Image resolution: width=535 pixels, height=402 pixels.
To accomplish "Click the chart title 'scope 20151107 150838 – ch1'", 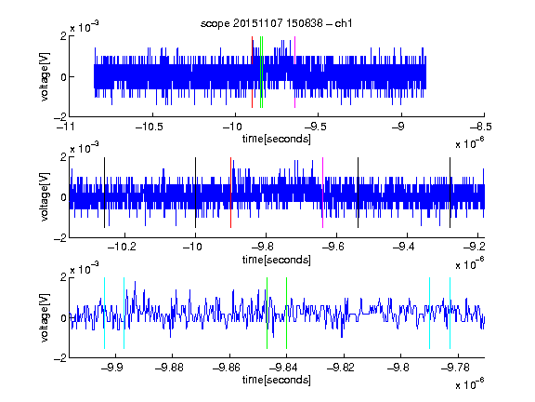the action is pos(277,23).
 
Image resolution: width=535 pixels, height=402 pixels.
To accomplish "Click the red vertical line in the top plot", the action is pos(252,73).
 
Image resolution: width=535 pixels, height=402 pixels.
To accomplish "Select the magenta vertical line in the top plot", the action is pos(294,73).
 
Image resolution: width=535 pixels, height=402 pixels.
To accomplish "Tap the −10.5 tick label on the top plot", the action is pos(150,127).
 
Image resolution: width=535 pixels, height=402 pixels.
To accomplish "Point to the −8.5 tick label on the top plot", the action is pos(481,127).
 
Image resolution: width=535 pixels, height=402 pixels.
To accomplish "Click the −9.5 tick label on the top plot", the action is pos(315,127).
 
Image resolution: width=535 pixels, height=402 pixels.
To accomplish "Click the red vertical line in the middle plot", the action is pos(230,193).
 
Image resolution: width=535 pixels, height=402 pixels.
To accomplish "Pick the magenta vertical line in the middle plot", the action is pos(323,193).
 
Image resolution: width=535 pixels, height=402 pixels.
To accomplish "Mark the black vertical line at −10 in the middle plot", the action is pos(195,193).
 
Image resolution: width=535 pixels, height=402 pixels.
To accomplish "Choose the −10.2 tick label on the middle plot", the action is pos(122,247).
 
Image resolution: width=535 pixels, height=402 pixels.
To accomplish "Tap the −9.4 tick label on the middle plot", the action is pos(404,247).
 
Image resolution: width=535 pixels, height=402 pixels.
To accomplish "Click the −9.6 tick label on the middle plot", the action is pos(333,247).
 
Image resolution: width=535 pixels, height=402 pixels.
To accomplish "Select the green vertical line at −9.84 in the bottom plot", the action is pos(286,313).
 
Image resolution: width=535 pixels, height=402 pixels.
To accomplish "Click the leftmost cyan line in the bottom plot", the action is pos(104,313).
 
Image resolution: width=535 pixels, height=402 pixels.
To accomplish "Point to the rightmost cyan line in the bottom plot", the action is pos(450,313).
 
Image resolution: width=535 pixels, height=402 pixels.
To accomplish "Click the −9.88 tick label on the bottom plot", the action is pos(169,368).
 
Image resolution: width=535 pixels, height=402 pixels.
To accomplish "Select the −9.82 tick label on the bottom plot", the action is pos(341,368).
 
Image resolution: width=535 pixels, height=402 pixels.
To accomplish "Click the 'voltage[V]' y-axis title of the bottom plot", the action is pos(45,317).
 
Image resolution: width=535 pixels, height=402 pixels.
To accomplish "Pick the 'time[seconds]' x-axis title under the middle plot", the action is pos(277,260).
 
